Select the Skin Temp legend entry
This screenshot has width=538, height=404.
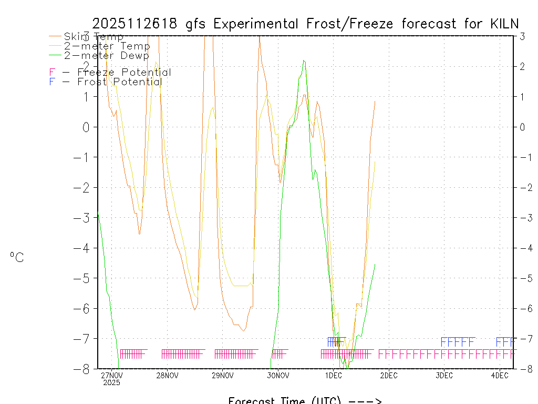pos(94,37)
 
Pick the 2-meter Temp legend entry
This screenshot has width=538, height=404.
pos(107,46)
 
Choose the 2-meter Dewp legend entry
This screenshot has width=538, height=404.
pos(106,55)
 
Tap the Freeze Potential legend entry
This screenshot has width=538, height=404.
pos(110,73)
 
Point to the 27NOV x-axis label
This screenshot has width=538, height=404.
pos(112,376)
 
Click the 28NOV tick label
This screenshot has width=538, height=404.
pos(167,376)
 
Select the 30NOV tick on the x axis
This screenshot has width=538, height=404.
pos(278,376)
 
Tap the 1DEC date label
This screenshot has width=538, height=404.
pos(333,376)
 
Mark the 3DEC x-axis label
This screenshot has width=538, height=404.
pos(444,376)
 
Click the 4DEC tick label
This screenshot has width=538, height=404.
pos(499,376)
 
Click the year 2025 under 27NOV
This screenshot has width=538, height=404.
pos(112,383)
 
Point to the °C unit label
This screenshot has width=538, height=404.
pos(17,258)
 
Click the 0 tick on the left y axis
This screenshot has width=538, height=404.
pos(87,127)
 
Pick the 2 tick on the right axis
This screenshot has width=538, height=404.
pos(522,67)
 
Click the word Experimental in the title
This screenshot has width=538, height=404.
pos(257,24)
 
